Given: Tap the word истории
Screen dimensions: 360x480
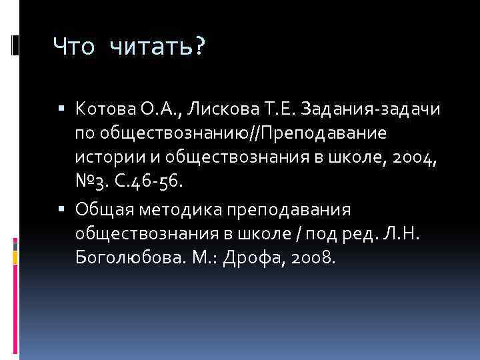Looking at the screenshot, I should [x=103, y=157].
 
